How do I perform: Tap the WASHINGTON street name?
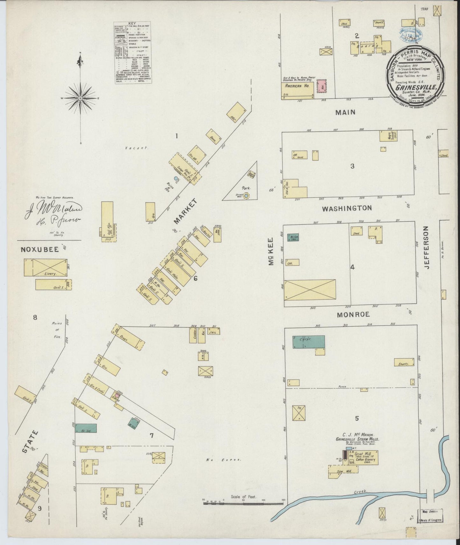click(x=347, y=208)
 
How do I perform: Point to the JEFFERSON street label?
click(x=427, y=248)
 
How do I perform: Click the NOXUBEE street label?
click(x=40, y=250)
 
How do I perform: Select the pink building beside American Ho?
click(x=322, y=86)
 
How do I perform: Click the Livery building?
click(x=46, y=267)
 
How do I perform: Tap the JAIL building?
click(x=212, y=331)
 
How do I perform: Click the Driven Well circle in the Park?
click(x=246, y=197)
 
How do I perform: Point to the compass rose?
click(x=80, y=98)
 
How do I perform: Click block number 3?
click(x=352, y=166)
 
